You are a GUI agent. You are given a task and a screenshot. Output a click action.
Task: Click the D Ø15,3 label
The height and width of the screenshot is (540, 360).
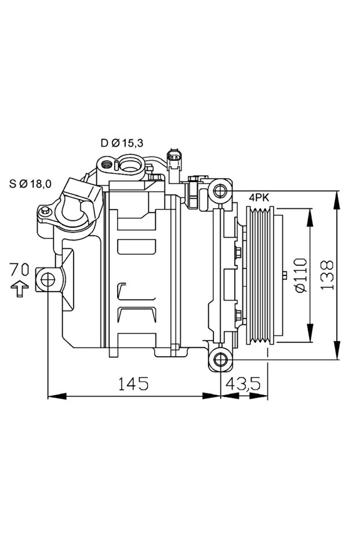pyautogui.click(x=121, y=143)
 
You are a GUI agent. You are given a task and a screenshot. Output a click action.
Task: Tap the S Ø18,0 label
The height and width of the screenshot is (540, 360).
pyautogui.click(x=30, y=184)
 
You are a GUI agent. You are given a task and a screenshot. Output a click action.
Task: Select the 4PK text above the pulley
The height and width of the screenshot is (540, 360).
pyautogui.click(x=259, y=198)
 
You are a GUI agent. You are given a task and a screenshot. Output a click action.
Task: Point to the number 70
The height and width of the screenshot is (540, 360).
pyautogui.click(x=19, y=269)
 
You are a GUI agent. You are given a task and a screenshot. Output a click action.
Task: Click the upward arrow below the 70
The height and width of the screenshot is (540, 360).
pyautogui.click(x=20, y=288)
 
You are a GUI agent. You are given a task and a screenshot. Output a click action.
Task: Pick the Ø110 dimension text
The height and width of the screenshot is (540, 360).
pyautogui.click(x=300, y=276)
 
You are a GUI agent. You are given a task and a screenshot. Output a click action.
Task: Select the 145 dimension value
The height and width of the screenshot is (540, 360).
pyautogui.click(x=133, y=383)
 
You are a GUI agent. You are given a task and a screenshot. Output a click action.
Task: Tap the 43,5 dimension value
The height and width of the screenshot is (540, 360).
pyautogui.click(x=245, y=383)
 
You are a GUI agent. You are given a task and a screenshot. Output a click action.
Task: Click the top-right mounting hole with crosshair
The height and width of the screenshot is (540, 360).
pyautogui.click(x=220, y=191)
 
